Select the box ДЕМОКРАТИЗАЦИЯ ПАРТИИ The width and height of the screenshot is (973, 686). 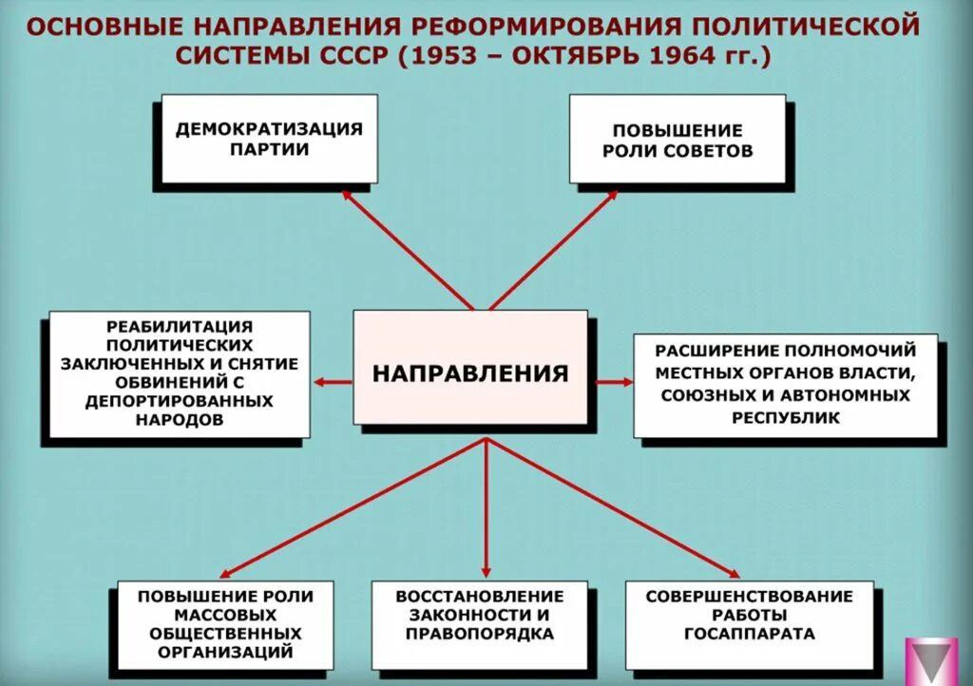coord(269,139)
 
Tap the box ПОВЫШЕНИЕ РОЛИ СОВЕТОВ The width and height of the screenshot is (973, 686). coord(677,139)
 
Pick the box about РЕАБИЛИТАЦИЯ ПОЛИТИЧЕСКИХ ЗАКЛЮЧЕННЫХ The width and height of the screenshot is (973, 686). coord(179,374)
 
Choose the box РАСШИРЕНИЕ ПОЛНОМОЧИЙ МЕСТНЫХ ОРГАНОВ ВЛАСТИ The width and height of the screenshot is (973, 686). coord(786,385)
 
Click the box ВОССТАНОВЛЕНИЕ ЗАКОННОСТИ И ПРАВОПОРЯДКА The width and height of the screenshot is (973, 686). coord(479,625)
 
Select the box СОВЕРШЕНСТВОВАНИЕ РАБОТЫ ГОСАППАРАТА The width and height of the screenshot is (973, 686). coord(749,625)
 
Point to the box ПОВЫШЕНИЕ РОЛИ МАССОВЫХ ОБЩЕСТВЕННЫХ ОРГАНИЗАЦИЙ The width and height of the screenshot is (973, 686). coord(225,625)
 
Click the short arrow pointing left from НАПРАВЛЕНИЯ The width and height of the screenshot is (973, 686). coord(333,382)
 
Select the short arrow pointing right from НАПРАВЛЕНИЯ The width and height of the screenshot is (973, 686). coord(613,382)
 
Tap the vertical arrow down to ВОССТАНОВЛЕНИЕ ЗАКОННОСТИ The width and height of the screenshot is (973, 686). coord(486,508)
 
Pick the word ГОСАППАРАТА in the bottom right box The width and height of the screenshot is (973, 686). coord(749,633)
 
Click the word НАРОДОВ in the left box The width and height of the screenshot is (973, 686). coord(179,419)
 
